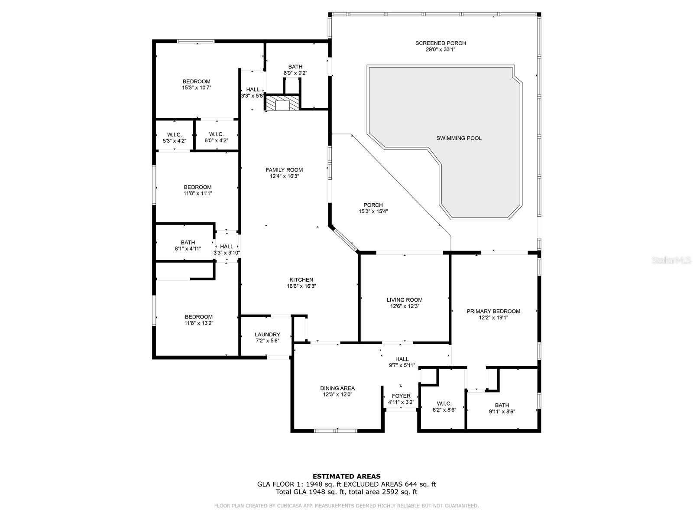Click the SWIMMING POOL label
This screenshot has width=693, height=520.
[x=459, y=138]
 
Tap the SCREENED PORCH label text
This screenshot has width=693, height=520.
[x=440, y=43]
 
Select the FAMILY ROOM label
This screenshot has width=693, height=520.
[x=284, y=170]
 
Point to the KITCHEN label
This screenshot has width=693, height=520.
[x=301, y=280]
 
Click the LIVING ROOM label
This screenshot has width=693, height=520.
[x=405, y=300]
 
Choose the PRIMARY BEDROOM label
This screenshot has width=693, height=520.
[x=493, y=311]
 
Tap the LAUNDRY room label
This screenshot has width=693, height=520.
[x=267, y=335]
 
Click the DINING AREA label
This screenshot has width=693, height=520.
[x=337, y=388]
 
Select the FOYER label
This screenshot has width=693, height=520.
[x=401, y=396]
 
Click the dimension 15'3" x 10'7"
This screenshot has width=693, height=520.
[x=197, y=88]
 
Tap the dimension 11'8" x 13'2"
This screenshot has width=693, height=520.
[x=199, y=323]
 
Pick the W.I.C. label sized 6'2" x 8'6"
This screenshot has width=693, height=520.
[x=444, y=403]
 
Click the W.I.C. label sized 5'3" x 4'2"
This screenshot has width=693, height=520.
[x=175, y=135]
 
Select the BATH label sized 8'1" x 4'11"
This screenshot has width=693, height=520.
[x=188, y=243]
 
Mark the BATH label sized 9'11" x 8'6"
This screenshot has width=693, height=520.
[x=502, y=405]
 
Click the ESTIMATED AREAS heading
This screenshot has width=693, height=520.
[x=346, y=476]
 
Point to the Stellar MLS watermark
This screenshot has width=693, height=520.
[x=671, y=260]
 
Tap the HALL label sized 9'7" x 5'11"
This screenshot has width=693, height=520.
[x=402, y=359]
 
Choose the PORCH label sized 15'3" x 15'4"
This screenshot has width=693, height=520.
[x=373, y=205]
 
